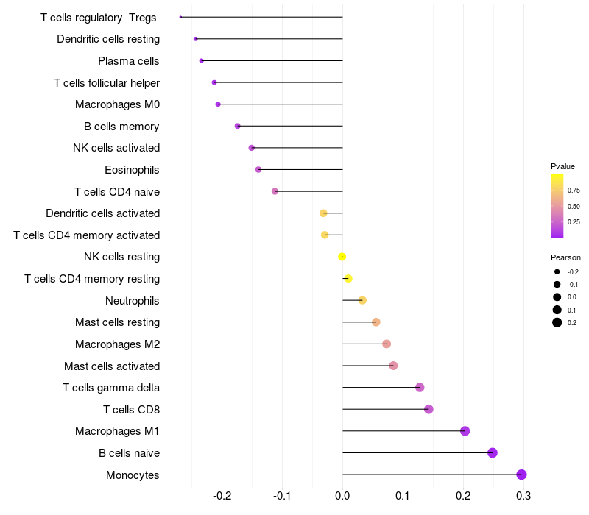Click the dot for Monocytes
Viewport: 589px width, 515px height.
tap(521, 475)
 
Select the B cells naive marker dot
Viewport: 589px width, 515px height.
tap(493, 452)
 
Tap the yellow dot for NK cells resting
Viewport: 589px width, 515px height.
tap(342, 257)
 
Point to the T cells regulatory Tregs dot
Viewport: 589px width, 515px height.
tap(180, 17)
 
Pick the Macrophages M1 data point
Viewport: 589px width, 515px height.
tap(465, 431)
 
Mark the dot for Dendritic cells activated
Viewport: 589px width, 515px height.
tap(323, 213)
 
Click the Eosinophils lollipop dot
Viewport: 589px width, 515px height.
tap(258, 170)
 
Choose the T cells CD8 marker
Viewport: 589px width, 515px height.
tap(428, 409)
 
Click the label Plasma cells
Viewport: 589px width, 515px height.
tap(129, 60)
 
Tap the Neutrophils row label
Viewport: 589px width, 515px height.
tap(133, 300)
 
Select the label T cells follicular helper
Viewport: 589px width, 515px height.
tap(107, 82)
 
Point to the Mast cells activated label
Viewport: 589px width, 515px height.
tap(112, 366)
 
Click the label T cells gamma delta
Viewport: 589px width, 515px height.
tap(111, 388)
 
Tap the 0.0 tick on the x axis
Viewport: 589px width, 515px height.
tap(342, 497)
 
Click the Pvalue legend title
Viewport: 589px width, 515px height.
tap(562, 166)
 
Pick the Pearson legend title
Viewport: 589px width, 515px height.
tap(565, 257)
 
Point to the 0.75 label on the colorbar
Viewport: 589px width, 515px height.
tap(574, 190)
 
